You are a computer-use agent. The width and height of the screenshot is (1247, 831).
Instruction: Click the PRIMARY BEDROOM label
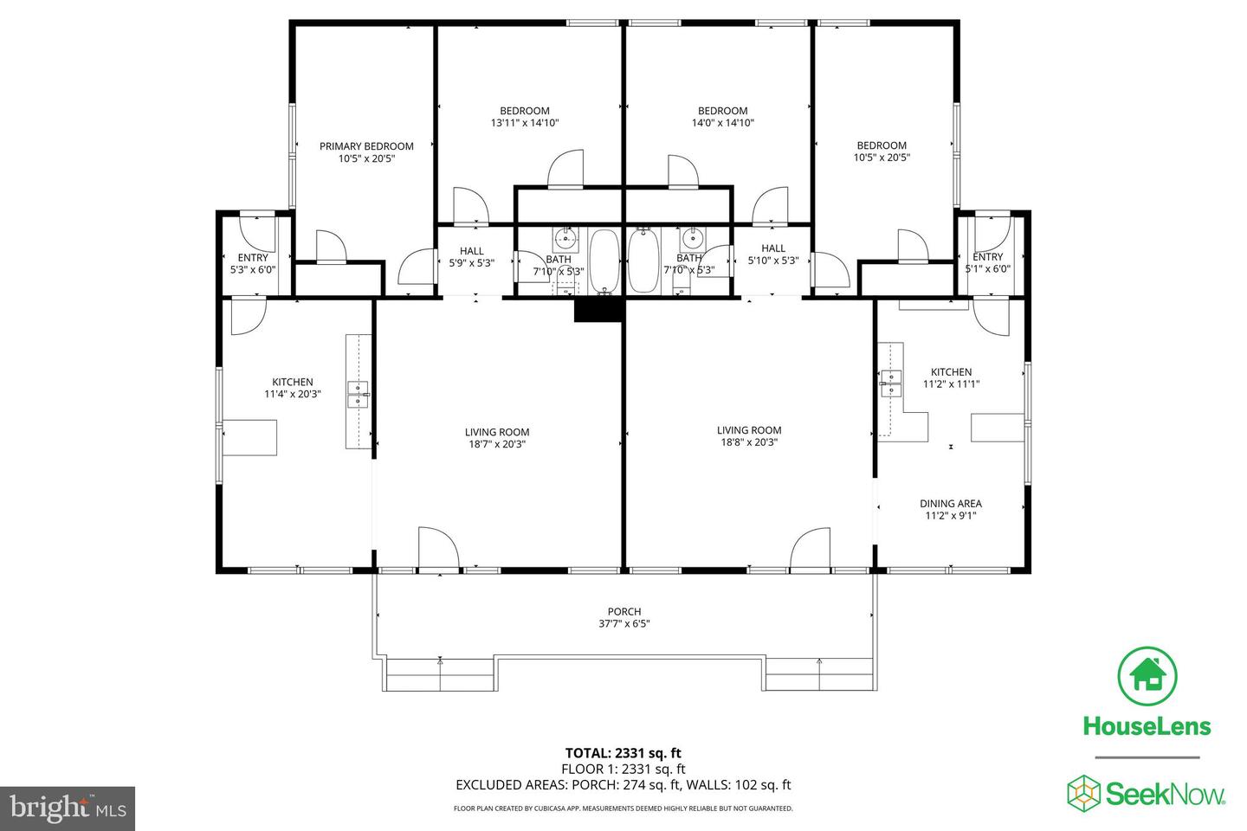tap(366, 146)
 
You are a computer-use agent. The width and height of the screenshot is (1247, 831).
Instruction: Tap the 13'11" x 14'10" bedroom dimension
tap(525, 123)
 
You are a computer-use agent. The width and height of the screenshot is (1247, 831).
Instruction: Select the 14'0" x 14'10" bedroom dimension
tap(722, 123)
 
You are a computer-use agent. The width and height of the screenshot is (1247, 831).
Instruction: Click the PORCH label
tap(623, 611)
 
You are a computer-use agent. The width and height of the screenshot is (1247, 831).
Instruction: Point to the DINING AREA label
tap(950, 503)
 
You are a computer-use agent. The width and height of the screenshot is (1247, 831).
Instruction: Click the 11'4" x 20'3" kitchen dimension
tap(293, 394)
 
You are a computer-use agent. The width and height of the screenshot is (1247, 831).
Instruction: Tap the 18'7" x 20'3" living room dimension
tap(496, 444)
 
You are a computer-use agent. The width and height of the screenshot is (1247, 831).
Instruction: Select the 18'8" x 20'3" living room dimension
tap(749, 442)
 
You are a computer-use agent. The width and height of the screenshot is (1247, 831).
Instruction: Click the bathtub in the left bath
tap(603, 261)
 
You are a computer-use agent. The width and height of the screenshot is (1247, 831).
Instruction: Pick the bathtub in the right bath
tap(643, 261)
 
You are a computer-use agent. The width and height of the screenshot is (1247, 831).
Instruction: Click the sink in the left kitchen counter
tap(357, 394)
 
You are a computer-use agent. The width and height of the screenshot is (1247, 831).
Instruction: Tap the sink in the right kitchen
tap(890, 382)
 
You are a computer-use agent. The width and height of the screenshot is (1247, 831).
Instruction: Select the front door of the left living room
tap(438, 549)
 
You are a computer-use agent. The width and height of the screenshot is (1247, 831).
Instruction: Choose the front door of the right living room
tap(811, 551)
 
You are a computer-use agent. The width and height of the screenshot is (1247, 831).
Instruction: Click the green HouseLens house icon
tap(1147, 675)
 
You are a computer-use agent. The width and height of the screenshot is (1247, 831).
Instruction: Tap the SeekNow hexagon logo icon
tap(1083, 792)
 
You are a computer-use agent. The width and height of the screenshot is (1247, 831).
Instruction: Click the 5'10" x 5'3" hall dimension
tap(773, 261)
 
